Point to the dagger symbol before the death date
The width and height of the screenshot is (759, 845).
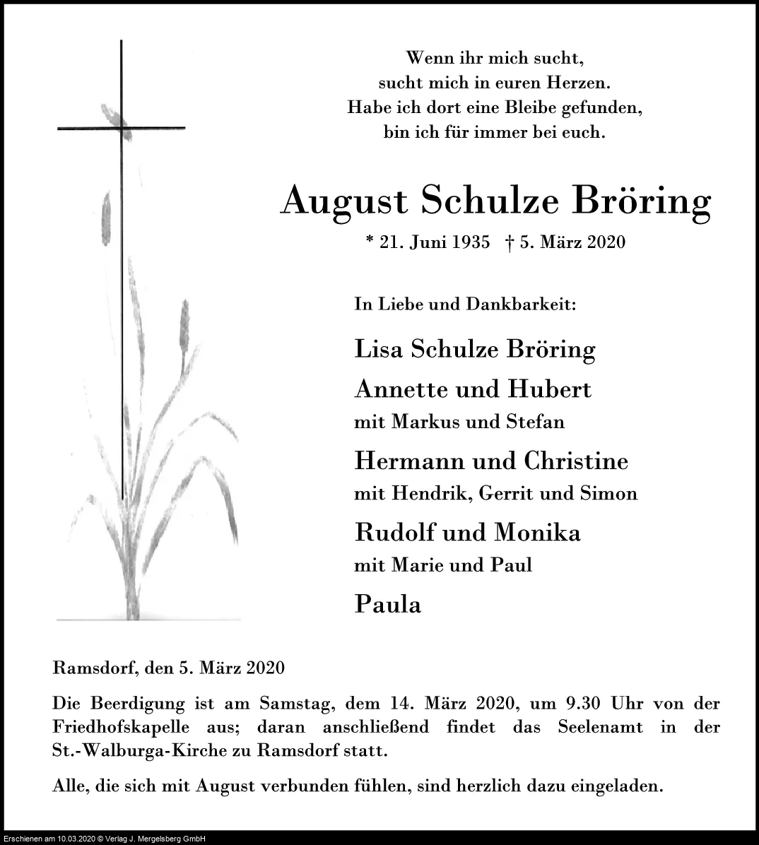tap(510, 242)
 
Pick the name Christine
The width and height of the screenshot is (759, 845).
tap(576, 461)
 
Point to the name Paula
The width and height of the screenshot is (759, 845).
tap(387, 605)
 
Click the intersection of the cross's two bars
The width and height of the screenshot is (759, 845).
tap(122, 128)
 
